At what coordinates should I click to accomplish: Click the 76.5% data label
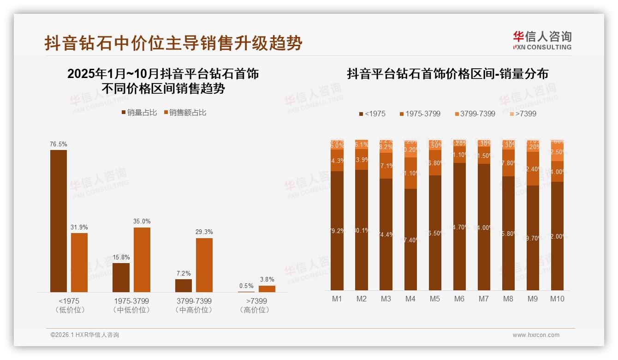coord(58,144)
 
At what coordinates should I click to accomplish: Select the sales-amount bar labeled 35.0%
coord(142,259)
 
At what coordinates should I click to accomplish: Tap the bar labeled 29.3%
coord(204,265)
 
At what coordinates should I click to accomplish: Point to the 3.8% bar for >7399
coord(267,289)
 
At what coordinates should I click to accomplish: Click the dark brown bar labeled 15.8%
coord(121,277)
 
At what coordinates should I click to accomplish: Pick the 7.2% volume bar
coord(183,286)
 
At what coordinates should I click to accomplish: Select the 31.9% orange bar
coord(79,262)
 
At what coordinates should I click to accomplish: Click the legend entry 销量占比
coord(139,113)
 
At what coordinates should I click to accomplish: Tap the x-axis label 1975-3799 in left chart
coord(131,301)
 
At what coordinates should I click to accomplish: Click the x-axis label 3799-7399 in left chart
coord(194,301)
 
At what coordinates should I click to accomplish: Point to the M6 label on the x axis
coord(459,299)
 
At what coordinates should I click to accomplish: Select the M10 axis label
coord(557,299)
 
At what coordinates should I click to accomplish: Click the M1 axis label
coord(337,299)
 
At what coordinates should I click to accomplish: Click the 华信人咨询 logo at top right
coord(542,40)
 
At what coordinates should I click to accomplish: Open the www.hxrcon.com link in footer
coord(536,335)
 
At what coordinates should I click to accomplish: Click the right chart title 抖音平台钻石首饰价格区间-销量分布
coord(447,74)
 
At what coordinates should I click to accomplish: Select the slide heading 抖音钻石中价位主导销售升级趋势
coord(173,43)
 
